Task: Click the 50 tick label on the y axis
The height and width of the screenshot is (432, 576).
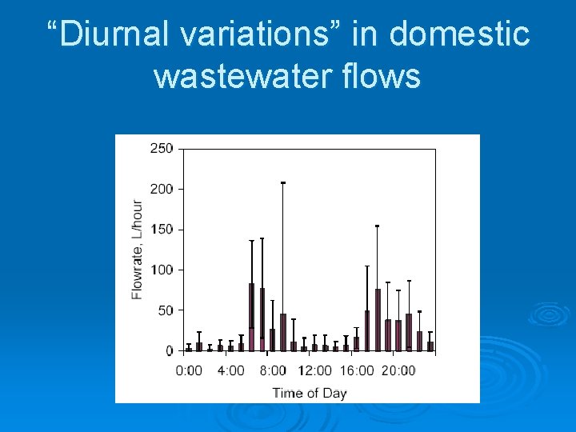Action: (164, 310)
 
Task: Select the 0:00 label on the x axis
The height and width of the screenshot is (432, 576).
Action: (189, 370)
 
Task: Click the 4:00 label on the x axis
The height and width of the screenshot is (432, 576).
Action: (230, 370)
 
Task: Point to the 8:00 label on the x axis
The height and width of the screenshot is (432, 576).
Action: (273, 370)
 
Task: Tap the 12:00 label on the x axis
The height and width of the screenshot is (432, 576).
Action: (314, 370)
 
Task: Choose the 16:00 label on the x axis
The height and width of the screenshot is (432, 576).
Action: (357, 370)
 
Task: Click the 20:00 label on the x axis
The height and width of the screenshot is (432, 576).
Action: (398, 370)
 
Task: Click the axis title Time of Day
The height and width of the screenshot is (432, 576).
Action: (310, 393)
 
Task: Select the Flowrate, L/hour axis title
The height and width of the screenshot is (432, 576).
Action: (138, 250)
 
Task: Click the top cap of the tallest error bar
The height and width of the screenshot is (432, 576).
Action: (282, 183)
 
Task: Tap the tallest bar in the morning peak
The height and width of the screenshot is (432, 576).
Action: (251, 317)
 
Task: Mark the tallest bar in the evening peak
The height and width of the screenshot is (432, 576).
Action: (378, 320)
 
